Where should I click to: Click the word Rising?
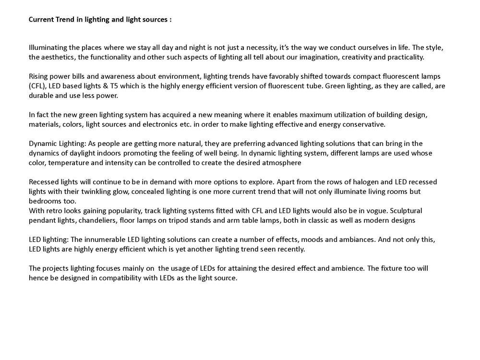39,76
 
